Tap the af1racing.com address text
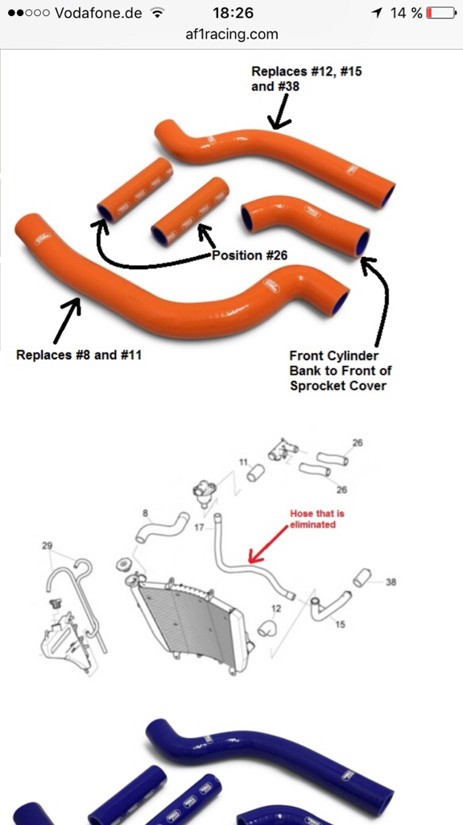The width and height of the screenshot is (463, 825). (232, 35)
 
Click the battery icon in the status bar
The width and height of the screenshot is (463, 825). (441, 13)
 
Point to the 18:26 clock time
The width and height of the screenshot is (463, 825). (233, 13)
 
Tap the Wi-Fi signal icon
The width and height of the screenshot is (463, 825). (157, 13)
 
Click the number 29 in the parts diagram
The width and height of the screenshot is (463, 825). (48, 545)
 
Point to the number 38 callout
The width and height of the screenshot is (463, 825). (391, 582)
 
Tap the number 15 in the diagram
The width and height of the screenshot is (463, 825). (341, 624)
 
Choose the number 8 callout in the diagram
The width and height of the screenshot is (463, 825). (145, 513)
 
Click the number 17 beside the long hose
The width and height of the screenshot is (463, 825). (199, 526)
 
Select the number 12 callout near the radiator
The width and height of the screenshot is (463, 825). (276, 608)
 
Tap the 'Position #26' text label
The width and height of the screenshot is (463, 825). (250, 255)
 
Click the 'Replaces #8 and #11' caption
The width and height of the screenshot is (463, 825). (79, 355)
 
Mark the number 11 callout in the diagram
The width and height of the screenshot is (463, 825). (243, 462)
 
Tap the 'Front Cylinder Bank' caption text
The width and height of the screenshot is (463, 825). (333, 363)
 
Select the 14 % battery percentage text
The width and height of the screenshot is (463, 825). (406, 13)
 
